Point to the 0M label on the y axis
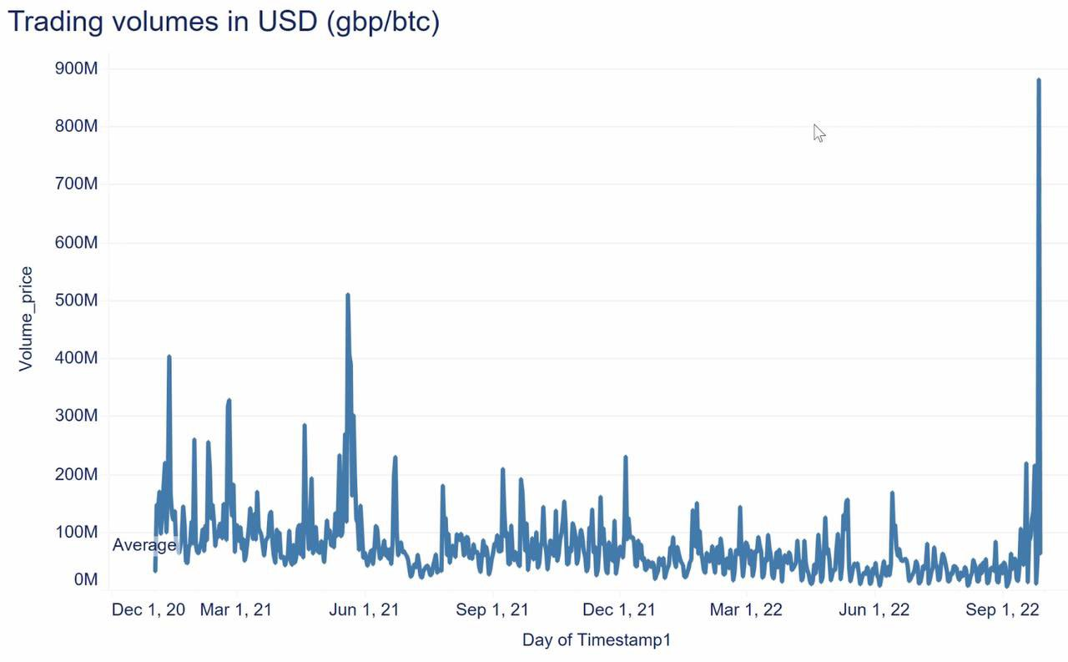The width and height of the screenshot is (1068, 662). pos(86,579)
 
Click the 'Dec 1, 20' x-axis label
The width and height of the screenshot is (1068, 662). pos(149,610)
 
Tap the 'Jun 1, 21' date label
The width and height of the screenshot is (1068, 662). pos(364,610)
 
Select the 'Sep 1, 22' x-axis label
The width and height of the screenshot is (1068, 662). pos(1002,610)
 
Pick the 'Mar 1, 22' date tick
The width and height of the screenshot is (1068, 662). pos(746,610)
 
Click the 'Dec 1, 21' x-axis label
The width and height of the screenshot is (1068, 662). pos(620,610)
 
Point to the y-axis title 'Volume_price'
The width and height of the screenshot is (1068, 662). pos(26,318)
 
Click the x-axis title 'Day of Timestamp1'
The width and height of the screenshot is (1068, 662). pos(597,640)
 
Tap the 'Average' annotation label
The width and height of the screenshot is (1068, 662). pos(144,545)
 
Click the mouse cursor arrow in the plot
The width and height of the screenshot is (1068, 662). pos(819,132)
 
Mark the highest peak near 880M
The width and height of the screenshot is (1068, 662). pos(1039,81)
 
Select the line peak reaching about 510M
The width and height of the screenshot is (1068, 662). pos(347,296)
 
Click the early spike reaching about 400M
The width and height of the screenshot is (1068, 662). pos(169,357)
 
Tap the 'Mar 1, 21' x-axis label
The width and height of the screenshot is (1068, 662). pos(236,610)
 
